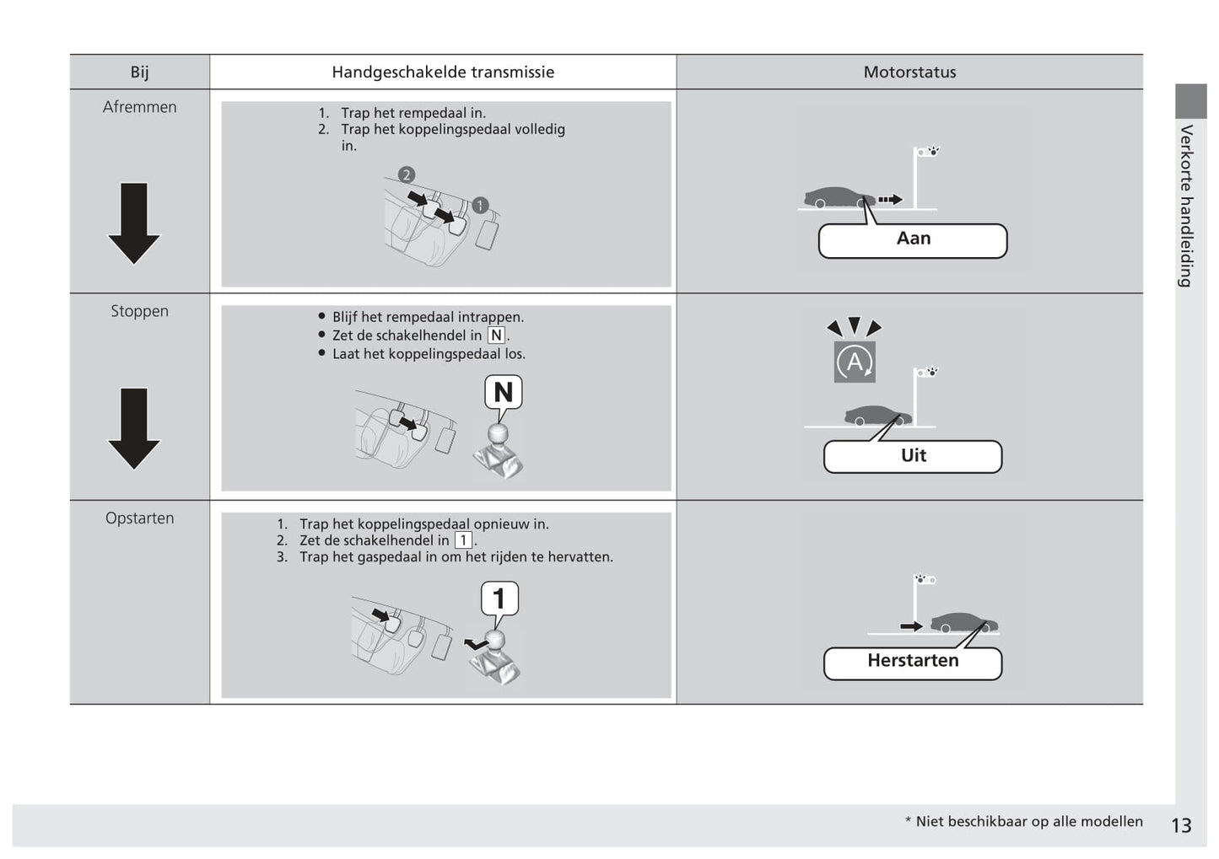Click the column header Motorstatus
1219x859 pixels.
coord(909,72)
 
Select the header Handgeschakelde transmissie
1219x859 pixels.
coord(443,72)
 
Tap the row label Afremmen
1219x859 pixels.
coord(140,107)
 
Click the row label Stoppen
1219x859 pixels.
coord(140,311)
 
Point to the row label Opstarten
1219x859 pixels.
coord(140,518)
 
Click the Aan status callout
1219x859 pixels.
coord(913,240)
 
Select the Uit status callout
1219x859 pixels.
coord(913,456)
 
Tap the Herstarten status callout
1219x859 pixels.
coord(913,662)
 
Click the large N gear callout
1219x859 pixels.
coord(504,392)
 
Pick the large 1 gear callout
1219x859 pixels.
coord(499,599)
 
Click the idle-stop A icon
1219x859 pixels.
coord(855,362)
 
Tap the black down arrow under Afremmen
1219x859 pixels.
coord(134,223)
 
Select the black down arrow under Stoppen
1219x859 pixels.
coord(134,427)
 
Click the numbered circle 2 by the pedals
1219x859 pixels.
coord(407,175)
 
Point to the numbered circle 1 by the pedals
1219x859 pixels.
coord(480,205)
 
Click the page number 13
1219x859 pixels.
coord(1181,825)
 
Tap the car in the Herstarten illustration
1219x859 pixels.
coord(963,622)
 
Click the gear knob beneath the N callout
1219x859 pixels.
coord(499,434)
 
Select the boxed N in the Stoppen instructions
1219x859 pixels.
coord(496,336)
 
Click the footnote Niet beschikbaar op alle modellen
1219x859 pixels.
coord(1028,822)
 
